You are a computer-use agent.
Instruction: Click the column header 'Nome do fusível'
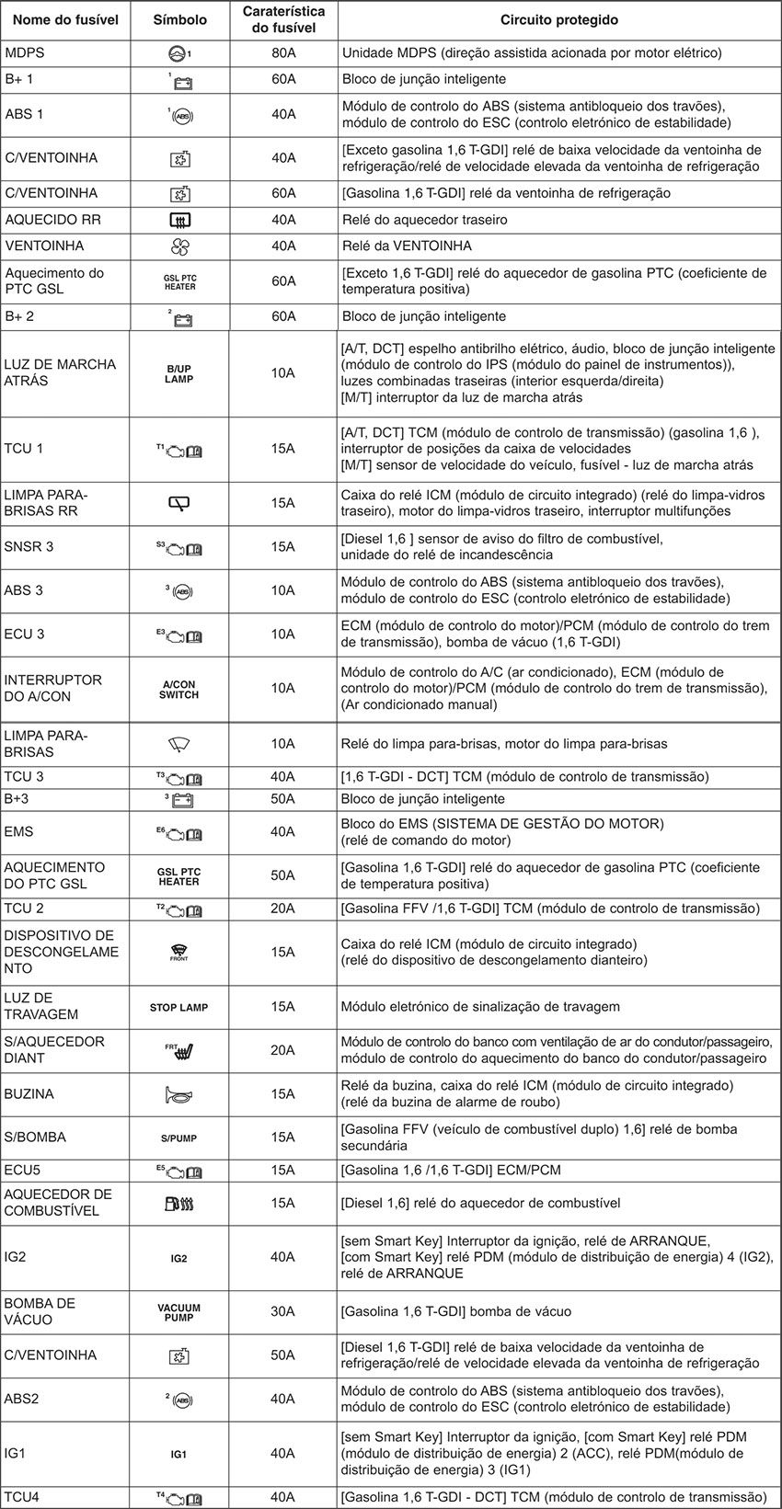click(65, 19)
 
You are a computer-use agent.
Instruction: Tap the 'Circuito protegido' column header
click(558, 19)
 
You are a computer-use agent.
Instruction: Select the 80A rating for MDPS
click(283, 52)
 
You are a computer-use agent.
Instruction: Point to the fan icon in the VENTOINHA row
click(178, 246)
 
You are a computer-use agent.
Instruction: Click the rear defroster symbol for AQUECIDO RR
click(179, 220)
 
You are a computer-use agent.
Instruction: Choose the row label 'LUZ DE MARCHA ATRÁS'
click(61, 372)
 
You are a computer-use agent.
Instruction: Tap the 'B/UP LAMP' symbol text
click(178, 373)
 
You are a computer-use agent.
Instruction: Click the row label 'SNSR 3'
click(29, 546)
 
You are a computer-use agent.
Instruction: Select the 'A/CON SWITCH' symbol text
click(178, 690)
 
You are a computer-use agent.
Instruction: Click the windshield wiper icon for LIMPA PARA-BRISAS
click(178, 743)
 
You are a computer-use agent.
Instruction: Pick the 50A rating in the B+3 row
click(283, 799)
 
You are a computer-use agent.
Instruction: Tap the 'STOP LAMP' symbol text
click(178, 1007)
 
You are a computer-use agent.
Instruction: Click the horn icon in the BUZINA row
click(178, 1094)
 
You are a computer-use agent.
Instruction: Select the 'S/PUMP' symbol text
click(178, 1138)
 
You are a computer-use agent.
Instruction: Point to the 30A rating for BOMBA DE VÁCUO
click(283, 1311)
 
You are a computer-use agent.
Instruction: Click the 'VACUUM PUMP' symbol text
click(178, 1312)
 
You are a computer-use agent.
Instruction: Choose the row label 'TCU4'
click(22, 1497)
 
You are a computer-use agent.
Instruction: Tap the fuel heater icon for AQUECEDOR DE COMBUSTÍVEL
click(178, 1203)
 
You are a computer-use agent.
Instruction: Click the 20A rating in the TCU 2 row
click(283, 909)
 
